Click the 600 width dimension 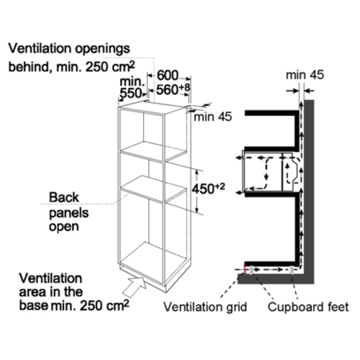click(167, 75)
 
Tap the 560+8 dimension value click(173, 90)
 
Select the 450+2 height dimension click(209, 189)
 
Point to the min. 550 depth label click(132, 87)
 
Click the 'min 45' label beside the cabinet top click(213, 117)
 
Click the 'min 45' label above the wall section click(305, 75)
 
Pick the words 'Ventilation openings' click(70, 49)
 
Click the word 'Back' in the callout click(64, 198)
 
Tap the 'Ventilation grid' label click(206, 307)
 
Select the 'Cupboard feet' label click(308, 307)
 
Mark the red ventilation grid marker click(244, 270)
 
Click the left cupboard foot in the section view click(251, 270)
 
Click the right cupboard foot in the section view click(293, 270)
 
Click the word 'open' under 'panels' click(64, 227)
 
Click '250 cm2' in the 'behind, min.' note click(110, 66)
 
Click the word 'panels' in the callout click(69, 213)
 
